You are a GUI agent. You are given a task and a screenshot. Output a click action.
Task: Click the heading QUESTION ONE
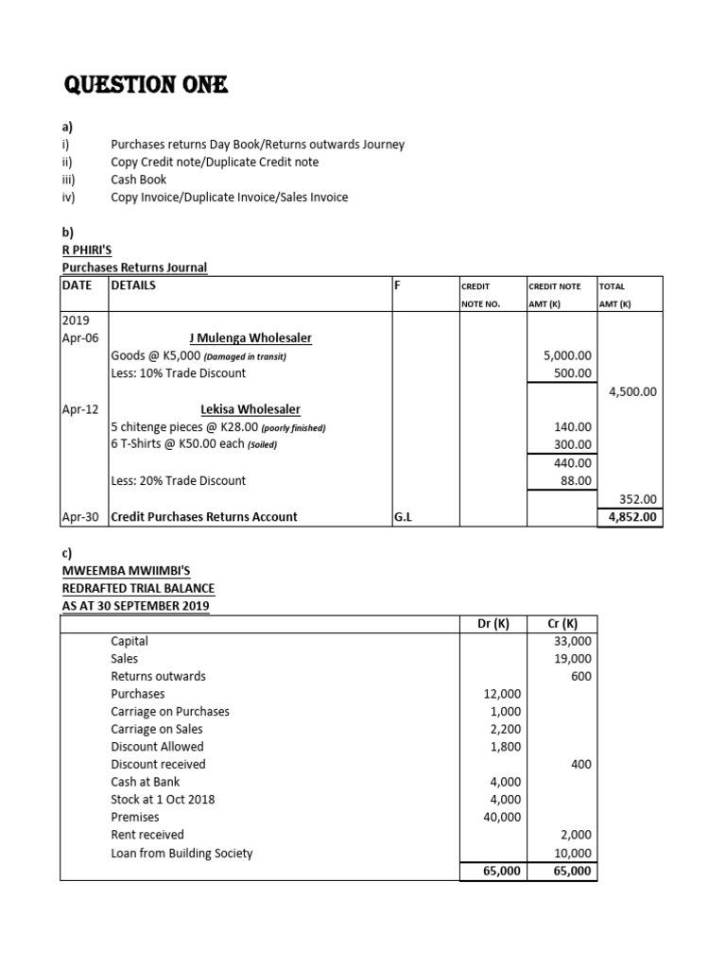click(x=146, y=86)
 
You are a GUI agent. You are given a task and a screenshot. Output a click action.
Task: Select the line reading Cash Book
click(x=138, y=180)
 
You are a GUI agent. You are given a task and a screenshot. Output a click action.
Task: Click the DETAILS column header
click(x=134, y=285)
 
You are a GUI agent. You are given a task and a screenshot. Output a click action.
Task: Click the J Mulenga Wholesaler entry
click(x=251, y=337)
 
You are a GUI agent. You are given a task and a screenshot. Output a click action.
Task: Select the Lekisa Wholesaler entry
click(x=251, y=409)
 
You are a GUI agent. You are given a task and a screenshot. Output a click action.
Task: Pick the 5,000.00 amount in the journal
click(x=567, y=355)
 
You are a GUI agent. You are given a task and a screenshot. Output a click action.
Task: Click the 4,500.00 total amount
click(x=631, y=391)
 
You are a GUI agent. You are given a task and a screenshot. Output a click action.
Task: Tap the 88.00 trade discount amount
click(x=574, y=480)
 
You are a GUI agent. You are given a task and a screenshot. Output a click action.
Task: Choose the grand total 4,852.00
click(x=631, y=517)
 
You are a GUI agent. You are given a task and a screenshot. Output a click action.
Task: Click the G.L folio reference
click(x=403, y=517)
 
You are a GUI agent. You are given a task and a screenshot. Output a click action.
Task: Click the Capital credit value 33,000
click(x=573, y=641)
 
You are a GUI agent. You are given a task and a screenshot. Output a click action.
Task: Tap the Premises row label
click(x=135, y=817)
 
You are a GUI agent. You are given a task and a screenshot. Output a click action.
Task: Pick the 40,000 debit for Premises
click(x=502, y=817)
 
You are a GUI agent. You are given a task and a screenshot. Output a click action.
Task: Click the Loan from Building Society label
click(x=181, y=853)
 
